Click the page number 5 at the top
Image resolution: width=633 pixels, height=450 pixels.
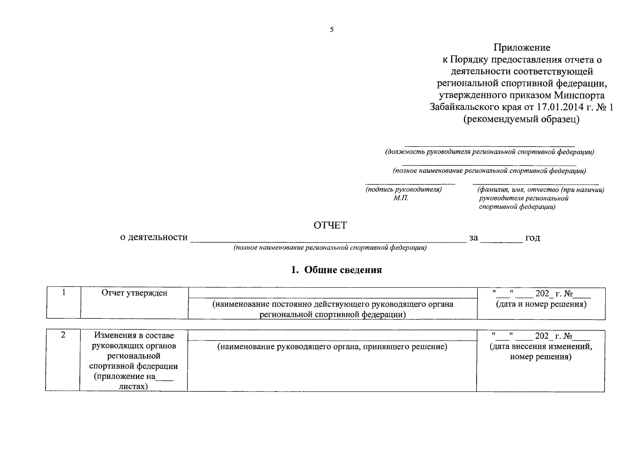[x=331, y=30]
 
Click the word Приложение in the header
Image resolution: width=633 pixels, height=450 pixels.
[x=522, y=48]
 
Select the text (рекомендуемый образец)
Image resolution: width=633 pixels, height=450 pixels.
[x=522, y=119]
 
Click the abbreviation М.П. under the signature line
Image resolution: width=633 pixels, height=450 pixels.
[x=401, y=198]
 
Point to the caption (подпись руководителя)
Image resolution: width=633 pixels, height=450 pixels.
[x=403, y=190]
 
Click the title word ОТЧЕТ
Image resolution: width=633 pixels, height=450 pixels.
[x=330, y=225]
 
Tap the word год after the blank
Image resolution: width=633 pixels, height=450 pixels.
[x=532, y=237]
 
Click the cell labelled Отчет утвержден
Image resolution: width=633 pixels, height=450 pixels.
[x=135, y=293]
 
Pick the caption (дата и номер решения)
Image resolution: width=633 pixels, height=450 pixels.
[x=541, y=304]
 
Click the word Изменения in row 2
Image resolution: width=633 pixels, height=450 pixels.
[x=112, y=335]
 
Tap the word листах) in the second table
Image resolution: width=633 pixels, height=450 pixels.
[x=133, y=386]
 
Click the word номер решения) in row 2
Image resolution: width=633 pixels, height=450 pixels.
[x=541, y=357]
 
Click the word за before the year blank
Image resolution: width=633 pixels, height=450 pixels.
[x=474, y=237]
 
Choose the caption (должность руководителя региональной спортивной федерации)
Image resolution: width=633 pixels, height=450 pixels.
[x=489, y=152]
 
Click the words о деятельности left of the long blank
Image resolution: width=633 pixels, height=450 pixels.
[x=154, y=237]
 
